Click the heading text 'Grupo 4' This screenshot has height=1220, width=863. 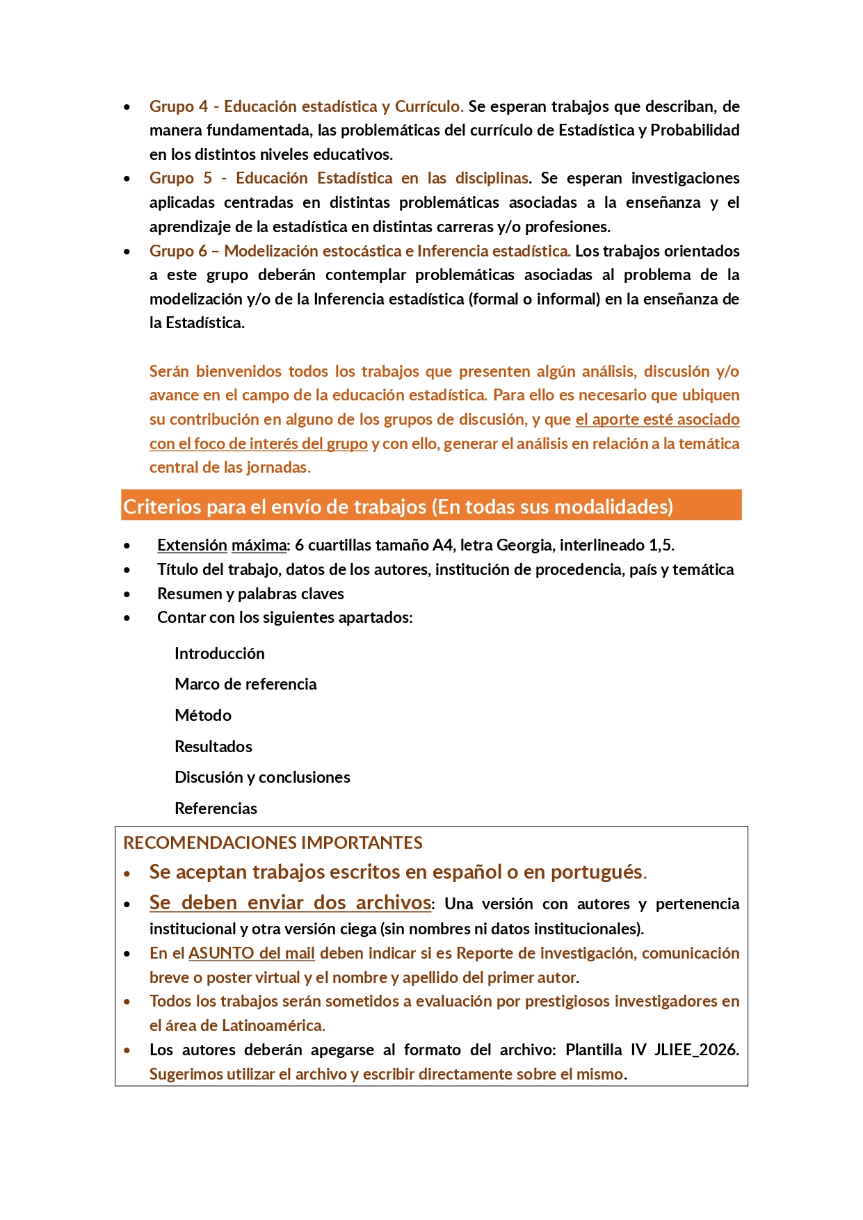pos(178,106)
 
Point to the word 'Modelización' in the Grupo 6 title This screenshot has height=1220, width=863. pos(271,251)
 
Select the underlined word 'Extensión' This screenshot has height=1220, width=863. pos(192,545)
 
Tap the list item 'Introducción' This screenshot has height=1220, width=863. pos(219,653)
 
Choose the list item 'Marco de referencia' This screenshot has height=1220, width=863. pos(245,684)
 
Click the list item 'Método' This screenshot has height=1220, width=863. pos(202,715)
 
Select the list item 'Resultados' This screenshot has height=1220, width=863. pos(213,747)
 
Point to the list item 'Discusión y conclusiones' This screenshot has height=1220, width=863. pos(262,777)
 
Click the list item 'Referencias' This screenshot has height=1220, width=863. pos(216,808)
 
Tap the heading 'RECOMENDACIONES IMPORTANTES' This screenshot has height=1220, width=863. pos(273,843)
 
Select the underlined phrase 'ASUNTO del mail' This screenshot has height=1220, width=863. pos(251,953)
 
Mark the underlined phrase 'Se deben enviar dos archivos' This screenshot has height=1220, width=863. pos(290,902)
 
